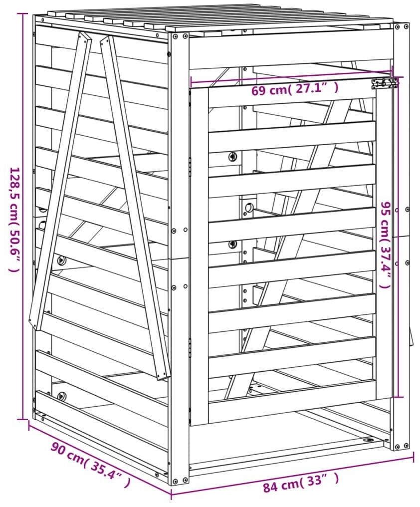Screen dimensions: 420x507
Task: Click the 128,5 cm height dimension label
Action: coord(15,220)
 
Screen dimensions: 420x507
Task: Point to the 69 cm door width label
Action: coord(295,89)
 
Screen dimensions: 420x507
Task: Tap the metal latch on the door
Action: coord(385,83)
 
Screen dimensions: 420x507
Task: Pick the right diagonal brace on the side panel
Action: coord(135,207)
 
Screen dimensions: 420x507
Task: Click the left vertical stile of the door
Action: coord(200,255)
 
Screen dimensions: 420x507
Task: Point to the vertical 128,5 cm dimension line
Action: coord(22,216)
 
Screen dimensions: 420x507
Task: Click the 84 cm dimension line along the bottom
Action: coord(292,467)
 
